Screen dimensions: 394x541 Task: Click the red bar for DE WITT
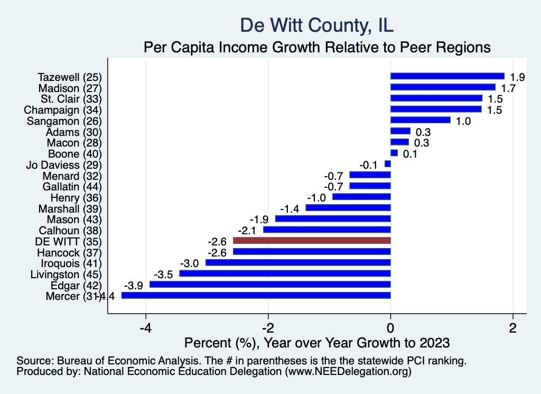[312, 241]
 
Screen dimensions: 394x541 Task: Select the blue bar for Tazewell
[447, 76]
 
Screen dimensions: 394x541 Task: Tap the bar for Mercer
[256, 296]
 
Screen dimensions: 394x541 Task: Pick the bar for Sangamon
[420, 120]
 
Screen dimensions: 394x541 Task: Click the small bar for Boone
[394, 153]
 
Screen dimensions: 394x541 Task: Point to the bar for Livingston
[285, 273]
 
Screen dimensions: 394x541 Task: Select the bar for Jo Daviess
[388, 164]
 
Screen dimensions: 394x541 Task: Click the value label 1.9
[517, 77]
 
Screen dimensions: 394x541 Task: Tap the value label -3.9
[133, 285]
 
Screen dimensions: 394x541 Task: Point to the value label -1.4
[290, 208]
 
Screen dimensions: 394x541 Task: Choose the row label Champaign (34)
[63, 109]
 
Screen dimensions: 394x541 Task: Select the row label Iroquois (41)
[71, 263]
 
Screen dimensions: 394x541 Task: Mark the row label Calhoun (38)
[70, 230]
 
